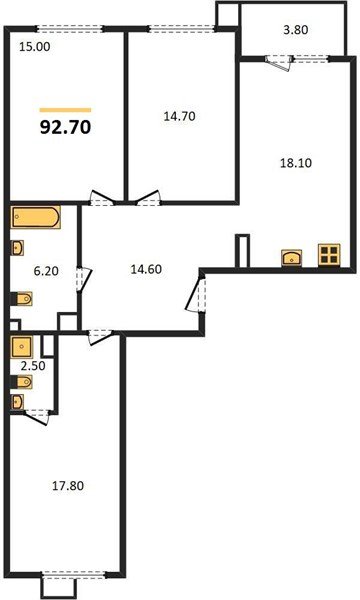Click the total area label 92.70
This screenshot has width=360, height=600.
point(65,129)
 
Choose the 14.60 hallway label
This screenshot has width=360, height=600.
point(148,269)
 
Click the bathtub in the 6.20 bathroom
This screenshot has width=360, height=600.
point(36,218)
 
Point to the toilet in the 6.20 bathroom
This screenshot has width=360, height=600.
point(21,297)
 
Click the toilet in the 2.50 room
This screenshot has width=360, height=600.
point(19,402)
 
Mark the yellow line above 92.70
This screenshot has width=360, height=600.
point(65,109)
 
